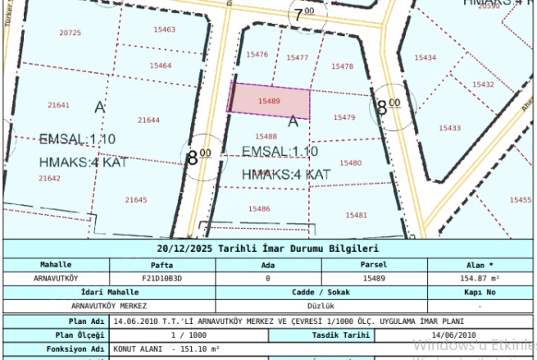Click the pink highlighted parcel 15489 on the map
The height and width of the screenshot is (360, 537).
pos(270,102)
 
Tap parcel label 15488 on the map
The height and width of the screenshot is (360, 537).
pos(266,136)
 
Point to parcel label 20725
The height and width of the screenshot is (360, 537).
pos(71,33)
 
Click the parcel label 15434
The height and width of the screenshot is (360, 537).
pos(426,57)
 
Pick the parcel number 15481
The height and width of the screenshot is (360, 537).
pos(357,215)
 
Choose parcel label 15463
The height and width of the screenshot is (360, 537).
pos(164,30)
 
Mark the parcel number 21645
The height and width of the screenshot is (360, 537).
pos(136,199)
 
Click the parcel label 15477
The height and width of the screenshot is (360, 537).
pos(298,57)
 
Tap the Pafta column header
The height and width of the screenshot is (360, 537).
pos(162,265)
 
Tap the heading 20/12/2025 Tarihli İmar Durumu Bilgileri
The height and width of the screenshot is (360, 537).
pos(268,248)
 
